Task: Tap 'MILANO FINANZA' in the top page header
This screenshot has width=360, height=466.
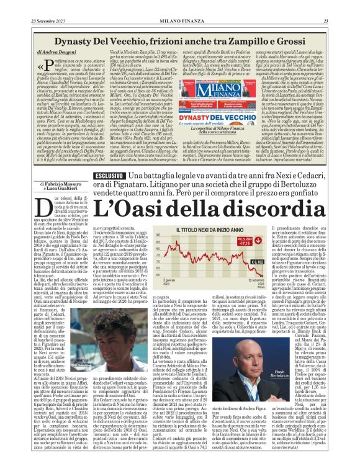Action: click(179, 4)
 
